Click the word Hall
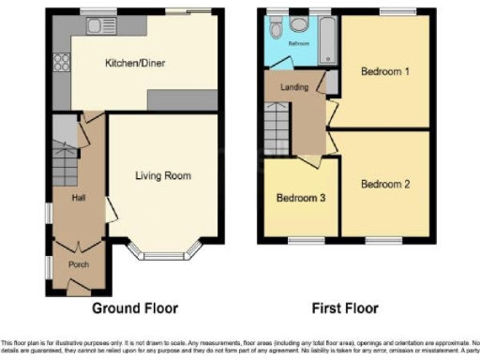79,198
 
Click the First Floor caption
345,307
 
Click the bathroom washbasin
275,27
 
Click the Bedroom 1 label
386,72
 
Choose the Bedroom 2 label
386,184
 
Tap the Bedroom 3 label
300,199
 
